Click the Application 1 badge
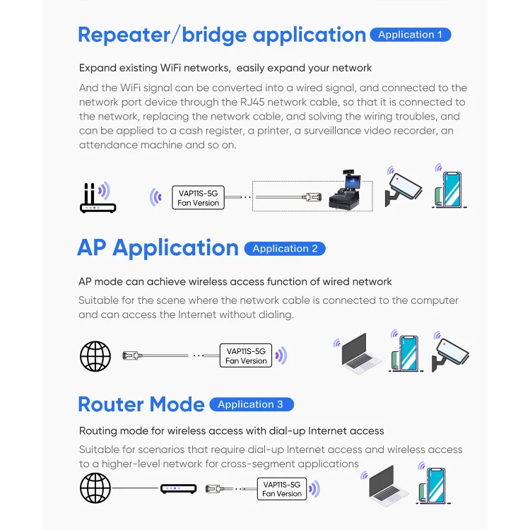pos(411,35)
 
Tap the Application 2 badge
pos(285,249)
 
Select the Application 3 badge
pos(252,404)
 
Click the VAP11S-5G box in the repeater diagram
pos(198,198)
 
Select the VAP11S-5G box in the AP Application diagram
pos(246,355)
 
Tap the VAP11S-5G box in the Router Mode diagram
pos(281,489)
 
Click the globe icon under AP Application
pos(95,356)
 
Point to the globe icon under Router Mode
pos(95,488)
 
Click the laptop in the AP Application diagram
pos(360,354)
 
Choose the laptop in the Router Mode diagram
pos(387,486)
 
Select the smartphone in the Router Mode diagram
pos(433,486)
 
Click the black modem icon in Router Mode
pos(179,489)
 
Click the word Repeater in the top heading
pos(124,35)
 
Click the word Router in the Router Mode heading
pos(111,404)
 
